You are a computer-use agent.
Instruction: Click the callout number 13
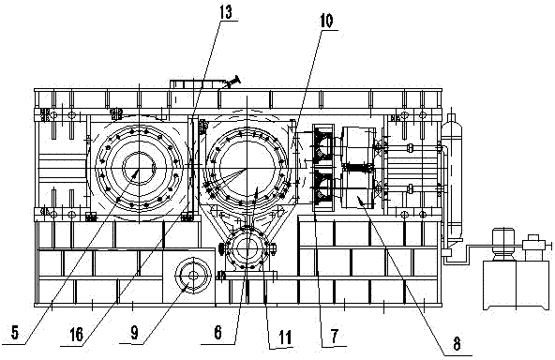click(225, 12)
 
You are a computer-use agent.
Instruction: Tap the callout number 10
click(326, 22)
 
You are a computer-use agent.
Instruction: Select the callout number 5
click(14, 333)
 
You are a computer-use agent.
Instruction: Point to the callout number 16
click(77, 334)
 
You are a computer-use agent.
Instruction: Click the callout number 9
click(134, 333)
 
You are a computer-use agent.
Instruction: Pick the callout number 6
click(217, 333)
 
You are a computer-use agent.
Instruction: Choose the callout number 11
click(285, 337)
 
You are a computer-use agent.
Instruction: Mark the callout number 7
click(335, 336)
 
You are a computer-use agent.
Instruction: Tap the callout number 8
click(457, 344)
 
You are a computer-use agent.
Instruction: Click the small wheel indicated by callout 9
click(193, 275)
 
